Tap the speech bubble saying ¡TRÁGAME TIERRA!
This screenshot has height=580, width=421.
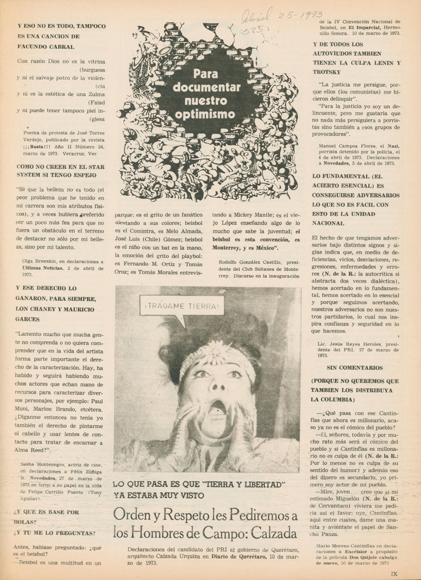182,307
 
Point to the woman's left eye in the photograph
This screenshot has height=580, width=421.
235,374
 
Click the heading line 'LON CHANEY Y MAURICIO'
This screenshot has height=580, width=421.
56,309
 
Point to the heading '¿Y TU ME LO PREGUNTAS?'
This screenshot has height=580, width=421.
56,533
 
